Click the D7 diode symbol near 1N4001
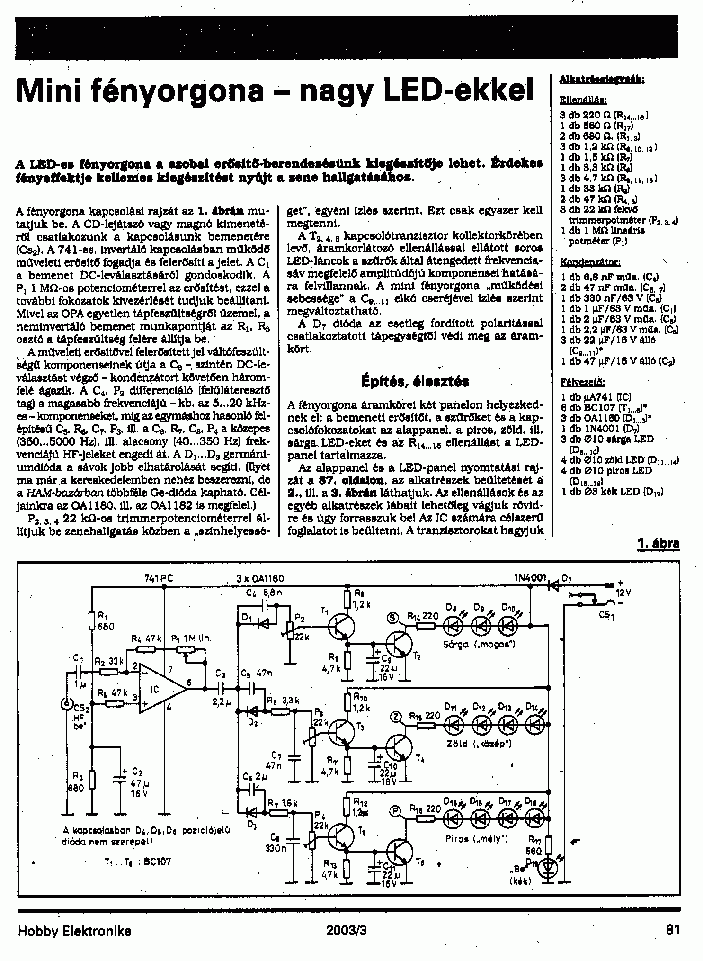pos(552,586)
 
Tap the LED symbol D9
pos(453,626)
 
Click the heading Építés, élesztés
pos(415,381)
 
